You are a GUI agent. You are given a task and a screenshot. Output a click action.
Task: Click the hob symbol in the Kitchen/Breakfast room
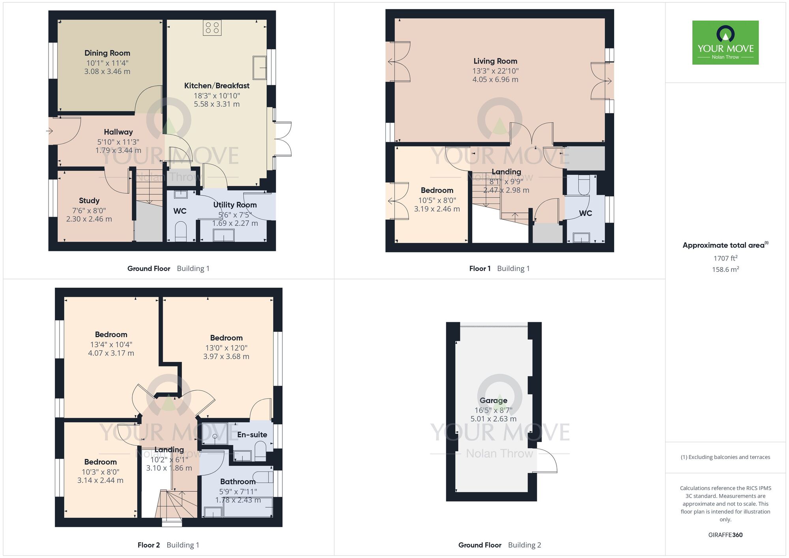point(212,28)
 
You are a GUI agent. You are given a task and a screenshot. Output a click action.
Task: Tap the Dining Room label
point(107,53)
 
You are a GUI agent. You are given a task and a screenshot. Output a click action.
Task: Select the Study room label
point(89,200)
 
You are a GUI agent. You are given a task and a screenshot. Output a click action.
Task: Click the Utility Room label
point(235,205)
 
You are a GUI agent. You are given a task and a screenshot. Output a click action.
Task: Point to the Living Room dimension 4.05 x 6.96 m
point(495,79)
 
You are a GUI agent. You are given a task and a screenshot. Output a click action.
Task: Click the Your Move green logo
point(725,43)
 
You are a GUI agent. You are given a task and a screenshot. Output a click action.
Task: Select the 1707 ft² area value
point(725,258)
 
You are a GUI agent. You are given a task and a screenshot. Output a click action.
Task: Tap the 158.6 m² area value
point(725,270)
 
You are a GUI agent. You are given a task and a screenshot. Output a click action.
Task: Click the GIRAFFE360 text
point(725,535)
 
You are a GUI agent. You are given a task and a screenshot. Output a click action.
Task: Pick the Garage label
point(493,401)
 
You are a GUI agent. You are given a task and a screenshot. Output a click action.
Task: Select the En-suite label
point(252,434)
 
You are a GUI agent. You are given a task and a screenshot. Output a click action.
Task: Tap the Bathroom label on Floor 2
point(237,481)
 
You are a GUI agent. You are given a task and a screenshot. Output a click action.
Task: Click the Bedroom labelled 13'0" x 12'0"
point(226,338)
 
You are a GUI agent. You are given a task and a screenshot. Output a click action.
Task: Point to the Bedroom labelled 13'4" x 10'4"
point(111,335)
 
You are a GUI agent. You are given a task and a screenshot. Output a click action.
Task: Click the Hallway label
point(118,132)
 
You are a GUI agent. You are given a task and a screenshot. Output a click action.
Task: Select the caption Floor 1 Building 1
point(499,268)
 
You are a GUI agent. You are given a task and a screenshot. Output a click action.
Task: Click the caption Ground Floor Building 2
point(499,545)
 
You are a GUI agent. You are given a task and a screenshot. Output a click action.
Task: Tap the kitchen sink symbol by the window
point(260,67)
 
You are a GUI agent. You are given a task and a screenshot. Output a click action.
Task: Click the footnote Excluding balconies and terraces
point(725,457)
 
